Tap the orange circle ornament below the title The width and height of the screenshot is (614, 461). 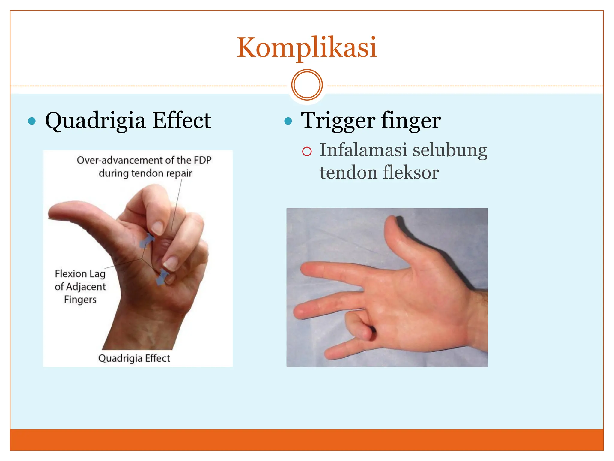coord(307,85)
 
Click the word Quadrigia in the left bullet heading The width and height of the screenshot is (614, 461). coord(95,121)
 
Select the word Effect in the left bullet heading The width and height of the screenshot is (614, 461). coord(182,120)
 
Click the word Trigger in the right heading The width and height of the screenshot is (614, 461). coord(338,121)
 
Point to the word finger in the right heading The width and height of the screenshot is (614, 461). coord(411,121)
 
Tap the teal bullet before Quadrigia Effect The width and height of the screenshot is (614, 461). coord(32,121)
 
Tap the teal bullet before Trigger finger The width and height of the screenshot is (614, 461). coord(288,121)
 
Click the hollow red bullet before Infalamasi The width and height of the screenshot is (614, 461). coord(307,152)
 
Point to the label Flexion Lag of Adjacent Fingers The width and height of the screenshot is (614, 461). coord(80,287)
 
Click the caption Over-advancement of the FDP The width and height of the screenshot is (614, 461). coord(144,160)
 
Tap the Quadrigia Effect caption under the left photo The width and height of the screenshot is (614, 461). coord(134,358)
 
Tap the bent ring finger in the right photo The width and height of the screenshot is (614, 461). coord(358,327)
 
